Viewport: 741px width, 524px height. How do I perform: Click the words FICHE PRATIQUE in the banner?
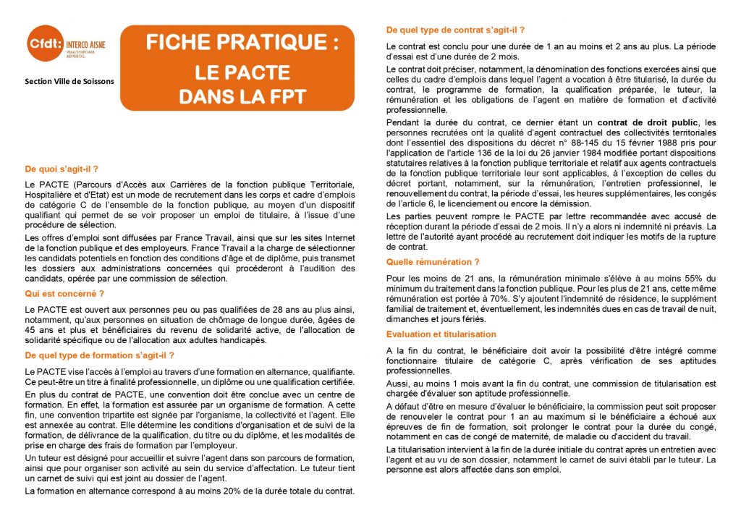(242, 43)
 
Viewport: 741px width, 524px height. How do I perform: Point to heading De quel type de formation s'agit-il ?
(99, 355)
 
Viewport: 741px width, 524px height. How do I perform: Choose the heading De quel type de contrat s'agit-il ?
(455, 30)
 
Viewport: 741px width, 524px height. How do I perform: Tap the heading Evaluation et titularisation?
(441, 334)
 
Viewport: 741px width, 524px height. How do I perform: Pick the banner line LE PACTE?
(242, 72)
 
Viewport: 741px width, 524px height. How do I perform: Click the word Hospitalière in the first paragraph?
(50, 195)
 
